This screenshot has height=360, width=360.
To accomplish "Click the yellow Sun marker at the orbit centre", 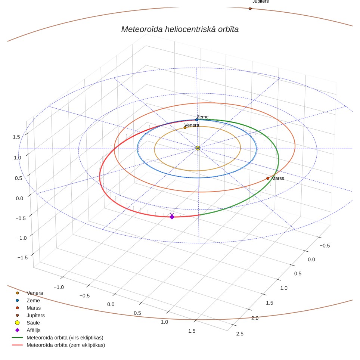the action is tap(198, 148).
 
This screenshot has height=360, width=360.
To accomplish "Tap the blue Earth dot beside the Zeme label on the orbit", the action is tap(196, 120).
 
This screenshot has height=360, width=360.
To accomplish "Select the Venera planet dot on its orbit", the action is tap(185, 128).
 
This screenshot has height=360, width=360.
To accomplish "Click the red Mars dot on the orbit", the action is tap(268, 178).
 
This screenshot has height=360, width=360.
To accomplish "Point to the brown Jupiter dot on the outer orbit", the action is tap(250, 9).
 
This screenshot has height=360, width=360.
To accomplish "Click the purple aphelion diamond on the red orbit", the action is tap(172, 217).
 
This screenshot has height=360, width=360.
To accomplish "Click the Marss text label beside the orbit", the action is tap(277, 179).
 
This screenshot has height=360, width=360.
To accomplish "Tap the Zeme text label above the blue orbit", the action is tap(202, 117).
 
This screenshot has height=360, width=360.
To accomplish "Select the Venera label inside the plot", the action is tap(192, 125).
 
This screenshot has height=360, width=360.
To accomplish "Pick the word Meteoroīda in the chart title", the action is tap(142, 30).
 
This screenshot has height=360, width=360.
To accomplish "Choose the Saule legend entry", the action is tap(33, 323).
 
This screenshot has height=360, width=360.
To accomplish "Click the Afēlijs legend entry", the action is tap(34, 330).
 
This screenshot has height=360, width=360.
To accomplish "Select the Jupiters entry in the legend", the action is tap(35, 316).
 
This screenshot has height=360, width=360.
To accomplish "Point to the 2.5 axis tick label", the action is tap(240, 334).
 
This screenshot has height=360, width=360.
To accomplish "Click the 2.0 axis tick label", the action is tap(255, 318).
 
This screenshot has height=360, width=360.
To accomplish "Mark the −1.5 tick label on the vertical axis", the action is tap(22, 257).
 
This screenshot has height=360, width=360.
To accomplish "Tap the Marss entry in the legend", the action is tap(34, 308).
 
